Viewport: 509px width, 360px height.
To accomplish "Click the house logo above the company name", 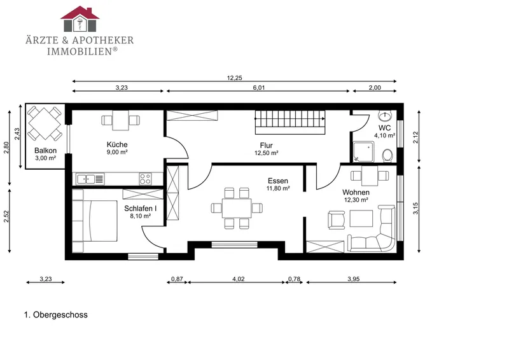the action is point(80,19).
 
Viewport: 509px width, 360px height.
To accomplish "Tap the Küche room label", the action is point(117,144).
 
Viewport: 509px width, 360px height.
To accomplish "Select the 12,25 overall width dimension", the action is point(234,78).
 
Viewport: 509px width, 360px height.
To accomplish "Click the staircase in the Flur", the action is point(290,122).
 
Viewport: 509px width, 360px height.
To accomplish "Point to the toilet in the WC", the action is point(387,155).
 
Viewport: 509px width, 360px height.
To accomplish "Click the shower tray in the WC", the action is point(363,151).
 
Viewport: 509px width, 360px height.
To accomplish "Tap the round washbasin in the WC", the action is point(386,116).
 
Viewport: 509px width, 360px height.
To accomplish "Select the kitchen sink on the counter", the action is point(90,179).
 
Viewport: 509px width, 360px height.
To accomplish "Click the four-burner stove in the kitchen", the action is point(145,179).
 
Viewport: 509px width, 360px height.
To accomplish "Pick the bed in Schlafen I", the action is point(94,221).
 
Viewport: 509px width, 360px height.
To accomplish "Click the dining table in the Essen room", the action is point(237,208).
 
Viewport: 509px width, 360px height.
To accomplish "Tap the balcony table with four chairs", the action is point(45,123).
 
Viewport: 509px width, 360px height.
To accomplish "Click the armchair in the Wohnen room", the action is point(337,220).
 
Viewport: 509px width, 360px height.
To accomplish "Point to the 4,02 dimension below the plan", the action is point(239,279).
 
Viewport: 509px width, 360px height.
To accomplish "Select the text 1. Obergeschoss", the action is point(56,315).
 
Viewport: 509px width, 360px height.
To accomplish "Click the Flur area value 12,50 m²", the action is point(267,153).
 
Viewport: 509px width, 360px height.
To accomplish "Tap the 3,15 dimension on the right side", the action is point(416,209).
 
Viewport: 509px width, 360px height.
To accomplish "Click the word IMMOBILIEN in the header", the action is point(80,52).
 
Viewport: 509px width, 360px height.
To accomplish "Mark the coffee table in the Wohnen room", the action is point(361,218).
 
